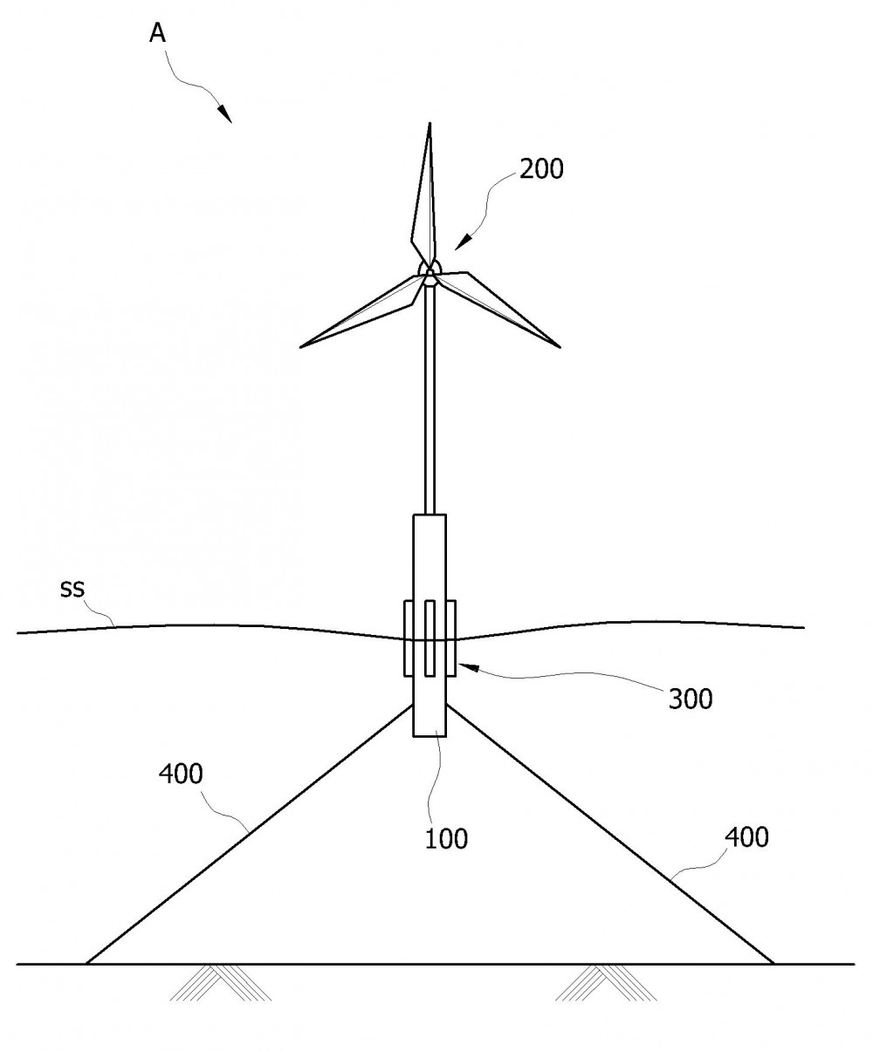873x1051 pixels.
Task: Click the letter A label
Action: pyautogui.click(x=158, y=34)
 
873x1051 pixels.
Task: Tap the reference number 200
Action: pyautogui.click(x=541, y=169)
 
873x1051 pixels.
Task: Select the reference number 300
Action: pyautogui.click(x=691, y=700)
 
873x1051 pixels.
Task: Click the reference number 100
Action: pyautogui.click(x=446, y=839)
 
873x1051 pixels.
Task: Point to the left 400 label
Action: pyautogui.click(x=181, y=774)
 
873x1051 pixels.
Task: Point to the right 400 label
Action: pyautogui.click(x=746, y=837)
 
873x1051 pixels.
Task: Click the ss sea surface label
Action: pyautogui.click(x=72, y=589)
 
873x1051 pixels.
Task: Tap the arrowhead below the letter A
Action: pyautogui.click(x=224, y=113)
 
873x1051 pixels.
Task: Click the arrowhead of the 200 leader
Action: pyautogui.click(x=464, y=242)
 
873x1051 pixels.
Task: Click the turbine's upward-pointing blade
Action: pyautogui.click(x=424, y=196)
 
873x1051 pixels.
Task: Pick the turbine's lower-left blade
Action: pyautogui.click(x=362, y=311)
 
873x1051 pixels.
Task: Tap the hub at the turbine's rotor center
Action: pyautogui.click(x=430, y=272)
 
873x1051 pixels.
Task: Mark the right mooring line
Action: pyautogui.click(x=610, y=835)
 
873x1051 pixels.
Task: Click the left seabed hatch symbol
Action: pyautogui.click(x=221, y=982)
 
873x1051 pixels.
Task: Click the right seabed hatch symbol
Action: pyautogui.click(x=606, y=982)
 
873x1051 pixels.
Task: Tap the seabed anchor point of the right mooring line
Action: pyautogui.click(x=773, y=964)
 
